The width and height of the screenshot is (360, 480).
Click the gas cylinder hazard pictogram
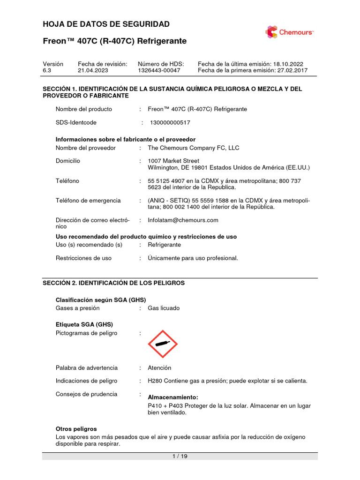click(163, 344)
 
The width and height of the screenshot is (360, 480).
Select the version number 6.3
click(47, 70)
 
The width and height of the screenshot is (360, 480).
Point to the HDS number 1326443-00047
click(159, 70)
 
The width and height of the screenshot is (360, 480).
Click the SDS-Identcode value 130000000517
click(170, 122)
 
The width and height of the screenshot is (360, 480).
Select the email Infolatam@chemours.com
click(183, 220)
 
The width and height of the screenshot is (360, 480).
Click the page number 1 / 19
click(180, 457)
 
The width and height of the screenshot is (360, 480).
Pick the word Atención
click(159, 368)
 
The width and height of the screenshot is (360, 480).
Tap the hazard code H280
click(156, 381)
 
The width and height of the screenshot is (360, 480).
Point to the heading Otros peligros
click(76, 429)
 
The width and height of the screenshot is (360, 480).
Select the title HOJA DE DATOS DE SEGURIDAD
click(106, 24)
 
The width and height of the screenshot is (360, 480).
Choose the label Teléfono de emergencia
click(88, 200)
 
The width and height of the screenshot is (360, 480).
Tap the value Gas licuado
click(164, 308)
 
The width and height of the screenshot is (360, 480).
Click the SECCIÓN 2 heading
click(114, 283)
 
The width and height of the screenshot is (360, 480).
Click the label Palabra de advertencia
click(87, 368)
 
